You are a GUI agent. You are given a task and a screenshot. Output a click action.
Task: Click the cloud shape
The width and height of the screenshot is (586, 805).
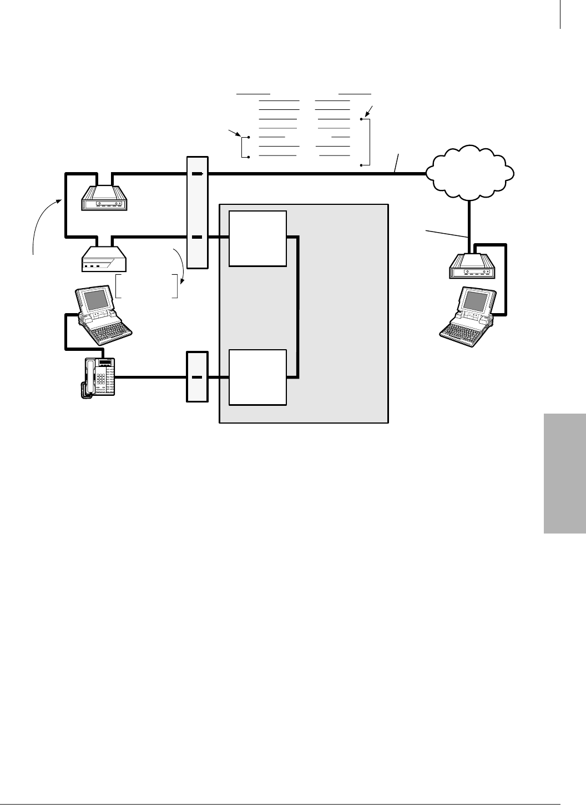[470, 172]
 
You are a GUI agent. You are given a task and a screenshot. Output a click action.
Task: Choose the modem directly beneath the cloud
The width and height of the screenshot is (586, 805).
[471, 266]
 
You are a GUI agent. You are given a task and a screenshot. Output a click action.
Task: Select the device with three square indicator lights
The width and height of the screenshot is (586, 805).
[104, 260]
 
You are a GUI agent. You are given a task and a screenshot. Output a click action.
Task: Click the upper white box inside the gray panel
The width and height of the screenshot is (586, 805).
[259, 238]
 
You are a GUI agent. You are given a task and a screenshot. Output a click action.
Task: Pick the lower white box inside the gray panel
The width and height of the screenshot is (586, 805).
[259, 378]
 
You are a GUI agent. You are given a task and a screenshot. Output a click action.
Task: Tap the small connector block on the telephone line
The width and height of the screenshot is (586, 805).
[197, 377]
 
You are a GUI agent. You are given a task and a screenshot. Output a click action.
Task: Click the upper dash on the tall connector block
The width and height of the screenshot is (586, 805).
[197, 174]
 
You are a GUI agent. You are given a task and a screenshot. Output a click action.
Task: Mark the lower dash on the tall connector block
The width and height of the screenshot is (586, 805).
[197, 238]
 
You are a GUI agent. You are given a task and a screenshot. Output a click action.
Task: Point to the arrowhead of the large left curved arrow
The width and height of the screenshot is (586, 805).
[58, 202]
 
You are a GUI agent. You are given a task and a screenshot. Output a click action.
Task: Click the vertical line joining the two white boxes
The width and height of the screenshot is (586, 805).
[299, 308]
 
